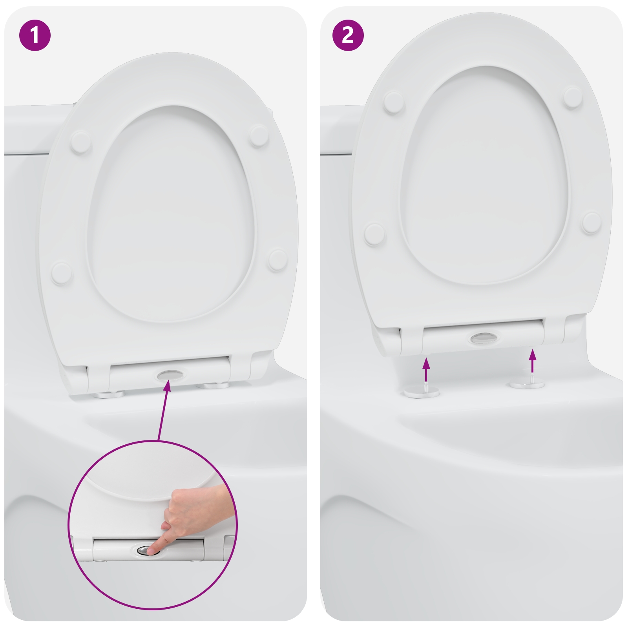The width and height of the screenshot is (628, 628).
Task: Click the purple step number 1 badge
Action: pos(35,35)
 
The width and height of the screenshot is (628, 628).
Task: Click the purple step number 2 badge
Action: pos(348,35)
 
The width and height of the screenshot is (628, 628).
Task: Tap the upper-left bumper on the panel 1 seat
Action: pos(81,142)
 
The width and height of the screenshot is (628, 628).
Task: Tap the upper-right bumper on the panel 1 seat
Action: pos(259,135)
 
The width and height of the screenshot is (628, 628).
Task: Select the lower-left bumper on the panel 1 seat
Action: pos(62,273)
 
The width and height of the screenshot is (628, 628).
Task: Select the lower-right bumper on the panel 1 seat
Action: pos(278,259)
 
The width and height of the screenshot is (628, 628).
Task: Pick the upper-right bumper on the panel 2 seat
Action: pos(573,97)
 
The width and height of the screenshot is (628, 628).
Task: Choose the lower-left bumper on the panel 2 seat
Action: pos(374,234)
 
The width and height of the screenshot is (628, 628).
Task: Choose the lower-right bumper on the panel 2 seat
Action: pos(591,223)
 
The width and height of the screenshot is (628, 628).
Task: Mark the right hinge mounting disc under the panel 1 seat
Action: pos(219,386)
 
